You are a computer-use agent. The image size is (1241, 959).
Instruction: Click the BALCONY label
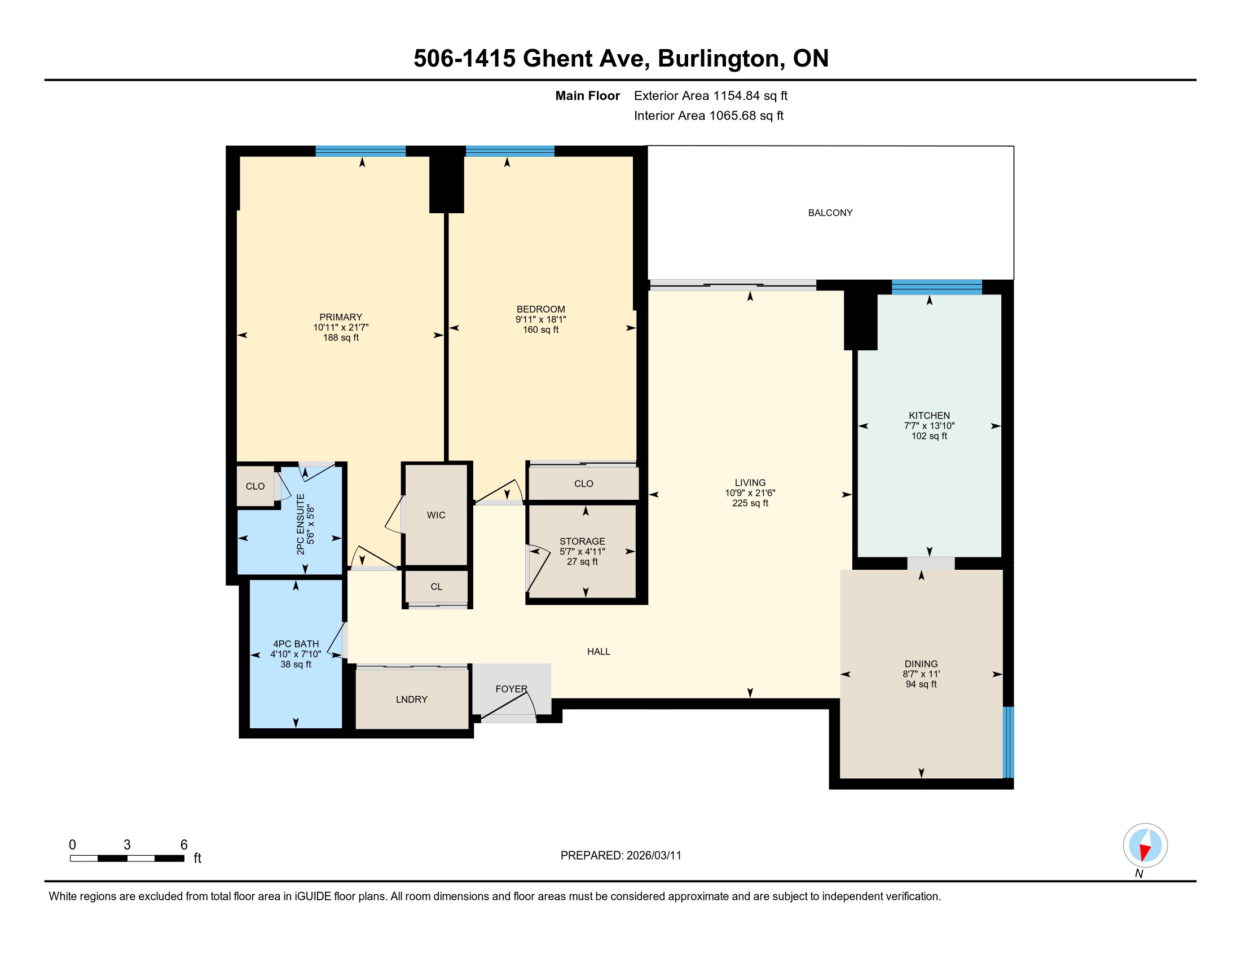tap(830, 213)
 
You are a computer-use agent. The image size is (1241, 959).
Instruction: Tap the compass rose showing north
tap(1145, 845)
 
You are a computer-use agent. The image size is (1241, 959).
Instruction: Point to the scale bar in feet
tap(127, 858)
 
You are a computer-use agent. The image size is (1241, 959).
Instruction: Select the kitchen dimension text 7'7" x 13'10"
tap(929, 425)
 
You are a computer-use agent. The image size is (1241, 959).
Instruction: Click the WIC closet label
tap(436, 514)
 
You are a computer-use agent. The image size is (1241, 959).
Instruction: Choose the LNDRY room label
tap(411, 700)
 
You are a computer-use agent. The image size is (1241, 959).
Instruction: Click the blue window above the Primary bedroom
tap(360, 151)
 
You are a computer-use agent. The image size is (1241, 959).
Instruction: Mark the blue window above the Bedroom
tap(510, 151)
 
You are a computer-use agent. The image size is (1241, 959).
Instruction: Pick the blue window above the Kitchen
tap(936, 287)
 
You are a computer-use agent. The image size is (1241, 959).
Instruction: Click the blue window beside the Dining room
tap(1008, 742)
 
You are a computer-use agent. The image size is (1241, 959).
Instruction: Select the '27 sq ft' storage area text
tap(583, 561)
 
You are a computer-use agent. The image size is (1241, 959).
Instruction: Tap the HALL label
tap(599, 652)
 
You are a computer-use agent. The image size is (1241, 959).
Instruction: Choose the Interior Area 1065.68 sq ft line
tap(708, 115)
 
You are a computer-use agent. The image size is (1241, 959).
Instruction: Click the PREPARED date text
tap(620, 855)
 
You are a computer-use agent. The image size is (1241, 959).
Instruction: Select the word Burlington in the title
tap(718, 58)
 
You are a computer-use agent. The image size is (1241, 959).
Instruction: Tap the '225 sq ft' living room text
tap(750, 503)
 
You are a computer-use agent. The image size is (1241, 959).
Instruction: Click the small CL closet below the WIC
tap(437, 586)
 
